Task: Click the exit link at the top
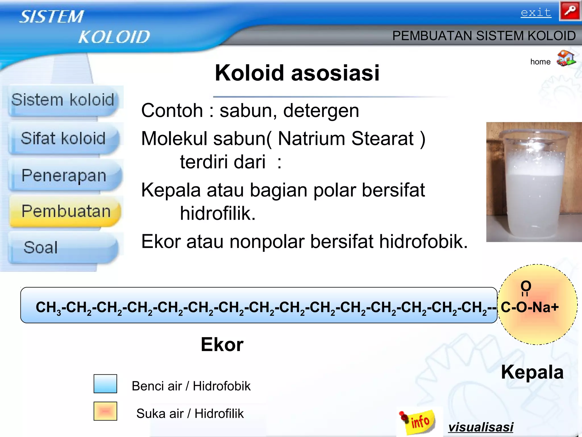pos(536,13)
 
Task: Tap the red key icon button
pos(570,11)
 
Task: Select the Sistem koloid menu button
pos(63,100)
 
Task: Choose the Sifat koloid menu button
pos(63,139)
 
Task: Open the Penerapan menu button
pos(64,175)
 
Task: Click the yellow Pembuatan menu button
pos(65,211)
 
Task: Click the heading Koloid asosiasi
pos(297,73)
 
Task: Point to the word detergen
pos(321,111)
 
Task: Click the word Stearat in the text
pos(383,139)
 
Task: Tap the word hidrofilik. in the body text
pos(218,213)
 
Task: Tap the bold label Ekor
pos(222,345)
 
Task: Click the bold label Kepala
pos(532,372)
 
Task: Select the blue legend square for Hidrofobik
pos(105,384)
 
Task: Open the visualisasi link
pos(481,427)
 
